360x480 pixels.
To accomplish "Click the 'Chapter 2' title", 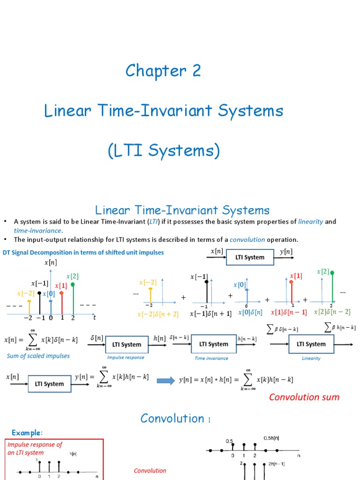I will [163, 71].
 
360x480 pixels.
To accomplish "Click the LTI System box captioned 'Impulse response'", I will [127, 345].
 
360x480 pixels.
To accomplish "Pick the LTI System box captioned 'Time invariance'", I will [214, 344].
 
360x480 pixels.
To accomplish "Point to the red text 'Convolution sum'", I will [304, 397].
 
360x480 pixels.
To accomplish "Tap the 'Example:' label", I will [27, 432].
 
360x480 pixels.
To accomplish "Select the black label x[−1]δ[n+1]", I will [210, 314].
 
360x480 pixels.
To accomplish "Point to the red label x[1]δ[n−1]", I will [290, 312].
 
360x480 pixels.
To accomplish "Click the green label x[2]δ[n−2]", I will [332, 312].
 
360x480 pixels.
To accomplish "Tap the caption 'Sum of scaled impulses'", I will [38, 356].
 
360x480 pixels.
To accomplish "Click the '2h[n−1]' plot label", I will [276, 464].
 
